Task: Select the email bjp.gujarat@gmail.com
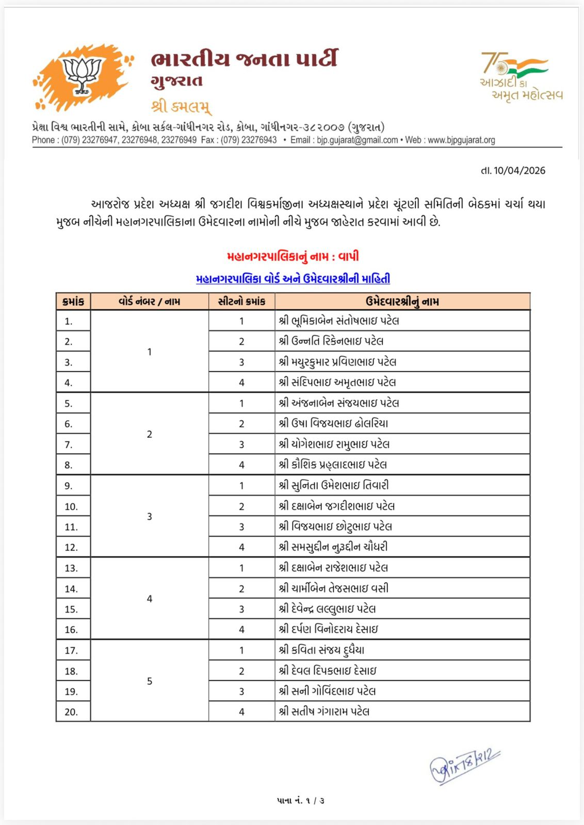pyautogui.click(x=357, y=140)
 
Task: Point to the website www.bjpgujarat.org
pyautogui.click(x=461, y=140)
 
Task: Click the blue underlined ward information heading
pyautogui.click(x=293, y=279)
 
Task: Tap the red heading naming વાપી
pyautogui.click(x=293, y=256)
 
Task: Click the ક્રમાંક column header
pyautogui.click(x=73, y=302)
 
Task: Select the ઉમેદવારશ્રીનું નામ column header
pyautogui.click(x=402, y=302)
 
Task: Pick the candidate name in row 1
pyautogui.click(x=338, y=321)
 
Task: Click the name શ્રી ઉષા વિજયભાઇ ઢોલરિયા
pyautogui.click(x=333, y=423)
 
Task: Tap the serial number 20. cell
pyautogui.click(x=71, y=712)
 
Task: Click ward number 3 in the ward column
pyautogui.click(x=150, y=516)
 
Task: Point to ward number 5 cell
pyautogui.click(x=150, y=681)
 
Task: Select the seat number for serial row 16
pyautogui.click(x=241, y=630)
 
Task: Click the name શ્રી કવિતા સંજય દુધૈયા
pyautogui.click(x=321, y=650)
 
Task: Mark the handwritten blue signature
pyautogui.click(x=463, y=765)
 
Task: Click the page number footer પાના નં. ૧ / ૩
pyautogui.click(x=300, y=800)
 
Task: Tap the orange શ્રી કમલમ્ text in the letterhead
pyautogui.click(x=181, y=107)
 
